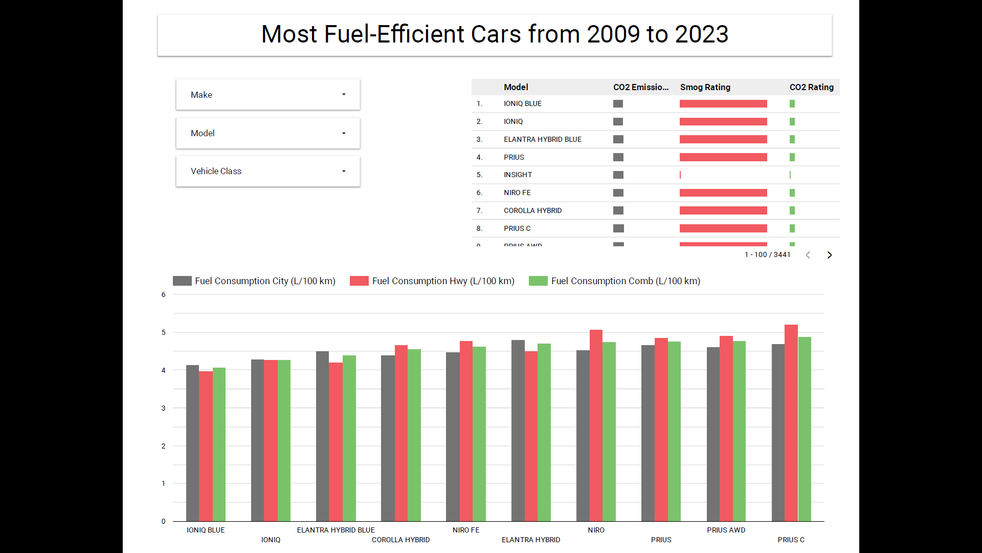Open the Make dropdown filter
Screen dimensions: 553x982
tap(267, 95)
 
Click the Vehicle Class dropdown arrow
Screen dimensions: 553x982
tap(344, 171)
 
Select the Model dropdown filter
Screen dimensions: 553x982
tap(267, 133)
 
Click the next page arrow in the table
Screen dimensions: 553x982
tap(830, 255)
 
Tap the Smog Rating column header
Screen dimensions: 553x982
tap(705, 87)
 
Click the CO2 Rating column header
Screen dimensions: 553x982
tap(811, 87)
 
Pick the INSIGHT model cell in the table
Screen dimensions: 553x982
tap(518, 175)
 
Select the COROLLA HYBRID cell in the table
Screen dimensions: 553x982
tap(532, 210)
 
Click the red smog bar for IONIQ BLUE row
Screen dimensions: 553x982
tap(723, 104)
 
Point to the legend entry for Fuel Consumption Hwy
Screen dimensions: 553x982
tap(432, 281)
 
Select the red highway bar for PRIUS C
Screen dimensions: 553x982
tap(791, 423)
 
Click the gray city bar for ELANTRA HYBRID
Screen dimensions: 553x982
tap(518, 431)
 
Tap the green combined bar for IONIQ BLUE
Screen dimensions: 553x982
tap(219, 444)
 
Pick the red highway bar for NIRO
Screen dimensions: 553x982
tap(596, 426)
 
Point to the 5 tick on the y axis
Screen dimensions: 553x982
tap(164, 332)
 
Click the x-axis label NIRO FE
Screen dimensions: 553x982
tap(466, 530)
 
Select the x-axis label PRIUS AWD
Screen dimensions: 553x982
tap(726, 530)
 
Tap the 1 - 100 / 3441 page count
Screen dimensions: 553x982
tap(767, 255)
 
